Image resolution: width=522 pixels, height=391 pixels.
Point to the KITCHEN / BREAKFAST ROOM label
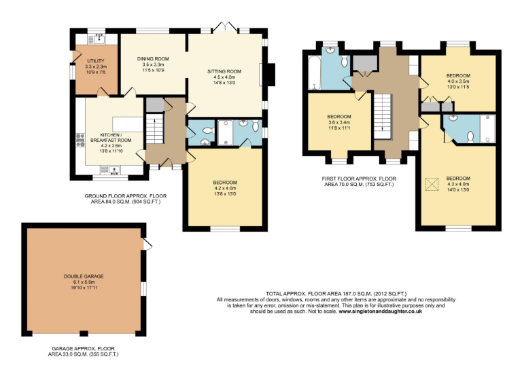110,138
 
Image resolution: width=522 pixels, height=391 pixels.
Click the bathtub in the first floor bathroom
314,73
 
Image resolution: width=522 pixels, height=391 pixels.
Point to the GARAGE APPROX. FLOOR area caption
87,351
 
